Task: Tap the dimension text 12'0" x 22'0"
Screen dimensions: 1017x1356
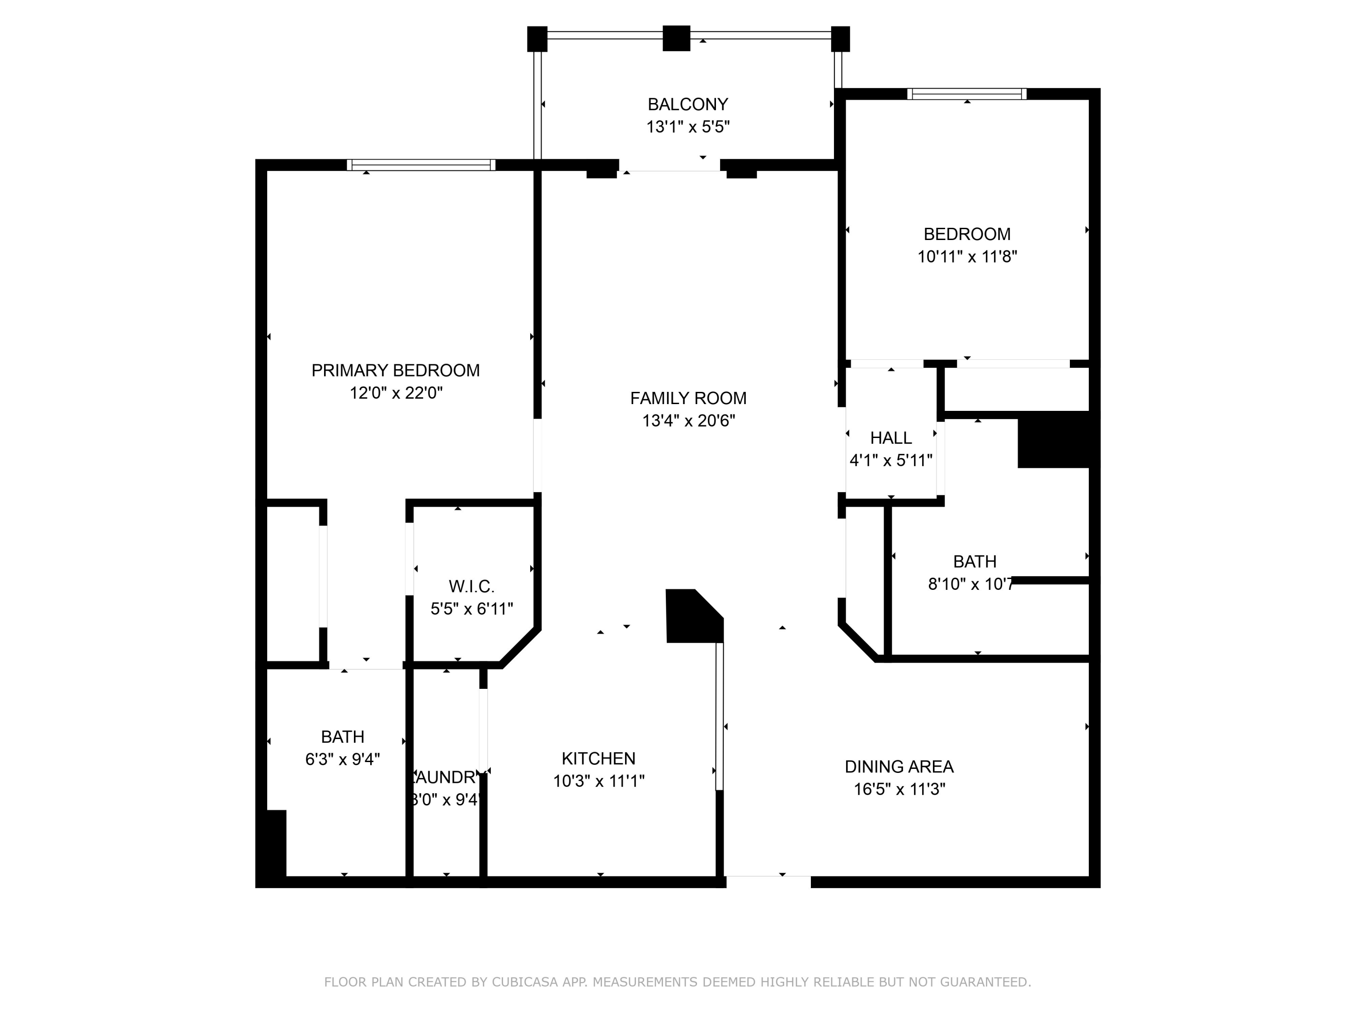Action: tap(396, 393)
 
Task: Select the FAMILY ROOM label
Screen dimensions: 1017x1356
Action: tap(688, 399)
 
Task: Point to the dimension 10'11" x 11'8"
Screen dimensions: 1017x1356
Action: tap(967, 257)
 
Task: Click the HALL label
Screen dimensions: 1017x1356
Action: tap(891, 438)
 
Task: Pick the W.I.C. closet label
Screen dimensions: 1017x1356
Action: tap(471, 587)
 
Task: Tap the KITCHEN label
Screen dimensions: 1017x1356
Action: tap(598, 759)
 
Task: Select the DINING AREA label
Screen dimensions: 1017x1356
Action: tap(899, 767)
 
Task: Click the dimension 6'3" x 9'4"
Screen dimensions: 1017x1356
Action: tap(342, 759)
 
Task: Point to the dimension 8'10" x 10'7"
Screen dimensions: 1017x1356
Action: tap(970, 584)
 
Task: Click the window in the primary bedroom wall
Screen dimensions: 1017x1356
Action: tap(421, 165)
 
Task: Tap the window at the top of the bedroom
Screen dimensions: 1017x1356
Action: tap(967, 94)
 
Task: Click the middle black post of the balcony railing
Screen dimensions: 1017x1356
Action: tap(676, 38)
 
